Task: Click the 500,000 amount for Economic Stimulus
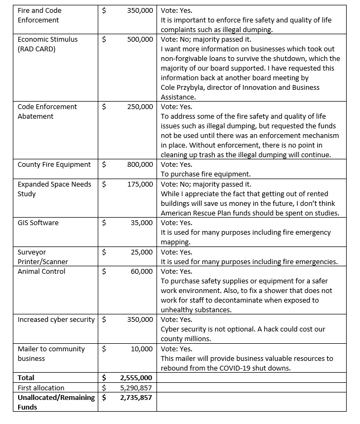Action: (x=140, y=40)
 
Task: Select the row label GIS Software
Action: (x=38, y=222)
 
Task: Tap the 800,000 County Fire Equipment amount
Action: (x=140, y=165)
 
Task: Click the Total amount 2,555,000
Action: (x=136, y=377)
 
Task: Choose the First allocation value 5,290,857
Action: (x=136, y=388)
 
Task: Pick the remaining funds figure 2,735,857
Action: (x=136, y=398)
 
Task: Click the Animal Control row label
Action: (x=41, y=271)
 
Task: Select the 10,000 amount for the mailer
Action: (x=142, y=349)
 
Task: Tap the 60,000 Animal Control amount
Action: (x=142, y=271)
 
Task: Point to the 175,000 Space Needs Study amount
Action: (x=140, y=184)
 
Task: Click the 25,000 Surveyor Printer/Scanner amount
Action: (x=142, y=252)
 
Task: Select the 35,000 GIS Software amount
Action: (x=142, y=222)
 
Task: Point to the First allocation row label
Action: (x=41, y=388)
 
